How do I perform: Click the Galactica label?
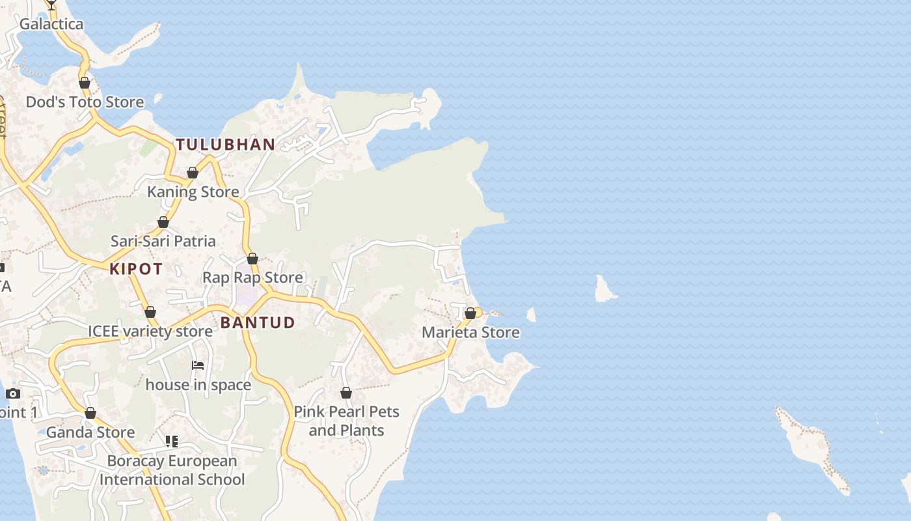click(51, 24)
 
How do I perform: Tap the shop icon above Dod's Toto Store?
click(85, 83)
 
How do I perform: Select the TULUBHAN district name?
click(226, 145)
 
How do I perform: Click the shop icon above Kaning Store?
click(193, 173)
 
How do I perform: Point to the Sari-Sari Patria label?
click(163, 241)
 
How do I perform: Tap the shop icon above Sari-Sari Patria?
click(163, 222)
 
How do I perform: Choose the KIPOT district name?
click(136, 269)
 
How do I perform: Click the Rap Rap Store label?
click(252, 277)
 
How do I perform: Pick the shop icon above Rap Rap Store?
click(252, 259)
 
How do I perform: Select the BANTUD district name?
click(258, 322)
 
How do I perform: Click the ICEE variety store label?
click(150, 331)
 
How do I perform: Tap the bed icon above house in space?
click(198, 365)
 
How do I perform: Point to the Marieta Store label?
click(470, 332)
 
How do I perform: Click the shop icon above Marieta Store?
click(470, 313)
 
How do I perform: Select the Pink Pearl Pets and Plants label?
click(346, 421)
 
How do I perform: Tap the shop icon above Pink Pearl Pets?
click(346, 393)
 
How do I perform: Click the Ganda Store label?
click(90, 432)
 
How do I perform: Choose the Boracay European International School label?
click(172, 470)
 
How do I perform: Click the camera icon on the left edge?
click(13, 393)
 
